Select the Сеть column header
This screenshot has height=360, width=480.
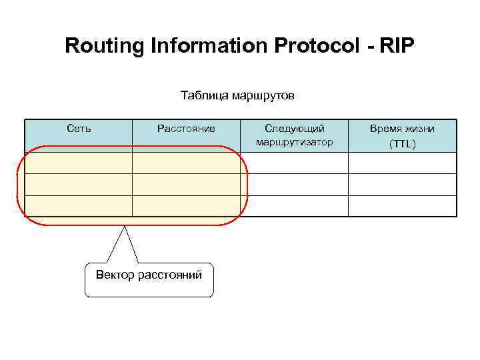coord(79,128)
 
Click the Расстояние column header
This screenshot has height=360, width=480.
coord(186,128)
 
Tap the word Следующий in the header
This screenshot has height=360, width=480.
coord(294,128)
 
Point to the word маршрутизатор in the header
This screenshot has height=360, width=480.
coord(294,142)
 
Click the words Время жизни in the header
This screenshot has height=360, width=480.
coord(402,128)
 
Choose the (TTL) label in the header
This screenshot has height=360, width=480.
coord(402,143)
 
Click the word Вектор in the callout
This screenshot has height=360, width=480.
coord(115,274)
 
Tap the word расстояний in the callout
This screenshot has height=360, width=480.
coord(170,274)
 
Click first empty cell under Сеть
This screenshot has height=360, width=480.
coord(79,163)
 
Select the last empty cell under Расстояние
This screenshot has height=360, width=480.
coord(186,206)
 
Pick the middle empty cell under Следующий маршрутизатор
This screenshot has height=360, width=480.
coord(294,185)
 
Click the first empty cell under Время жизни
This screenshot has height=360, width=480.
coord(402,163)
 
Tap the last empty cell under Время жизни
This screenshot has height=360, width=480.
coord(402,206)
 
